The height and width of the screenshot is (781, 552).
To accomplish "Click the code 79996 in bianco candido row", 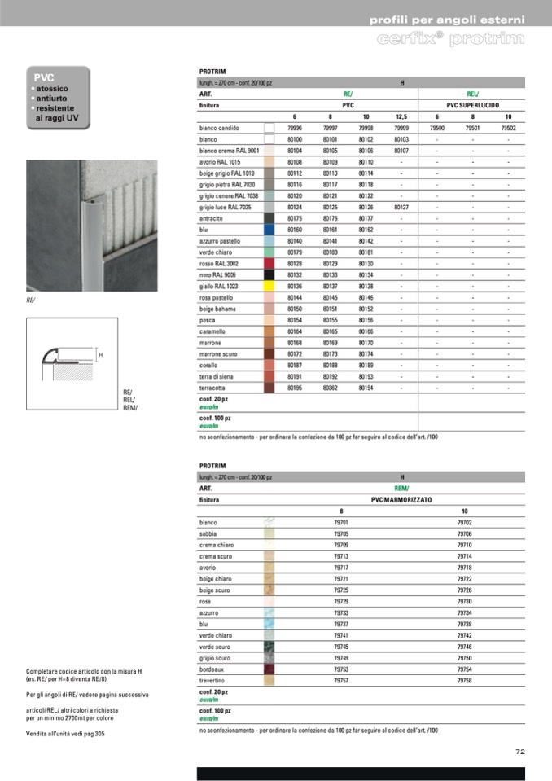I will pyautogui.click(x=295, y=129).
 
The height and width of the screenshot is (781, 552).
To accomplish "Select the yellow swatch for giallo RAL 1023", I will pyautogui.click(x=269, y=287).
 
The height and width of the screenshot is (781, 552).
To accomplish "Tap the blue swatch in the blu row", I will pyautogui.click(x=269, y=230).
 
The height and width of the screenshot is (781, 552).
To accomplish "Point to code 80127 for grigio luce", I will pyautogui.click(x=401, y=208).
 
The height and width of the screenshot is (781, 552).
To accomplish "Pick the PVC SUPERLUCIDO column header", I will pyautogui.click(x=473, y=106).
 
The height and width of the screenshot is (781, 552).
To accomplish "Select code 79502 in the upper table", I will pyautogui.click(x=508, y=129).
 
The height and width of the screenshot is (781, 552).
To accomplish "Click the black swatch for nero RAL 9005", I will pyautogui.click(x=269, y=275).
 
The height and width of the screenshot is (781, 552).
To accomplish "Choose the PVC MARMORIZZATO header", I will pyautogui.click(x=402, y=499).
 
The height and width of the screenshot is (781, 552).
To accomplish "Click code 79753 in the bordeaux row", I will pyautogui.click(x=341, y=669).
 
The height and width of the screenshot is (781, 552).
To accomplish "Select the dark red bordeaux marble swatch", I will pyautogui.click(x=269, y=669).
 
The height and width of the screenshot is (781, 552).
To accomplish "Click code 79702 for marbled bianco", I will pyautogui.click(x=464, y=522).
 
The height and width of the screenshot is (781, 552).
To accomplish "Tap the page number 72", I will pyautogui.click(x=520, y=752).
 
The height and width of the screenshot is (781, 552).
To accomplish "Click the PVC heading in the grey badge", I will pyautogui.click(x=43, y=77).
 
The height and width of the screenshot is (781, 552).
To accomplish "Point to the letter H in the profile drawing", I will pyautogui.click(x=100, y=355).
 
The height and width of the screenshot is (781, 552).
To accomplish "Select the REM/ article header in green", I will pyautogui.click(x=401, y=488).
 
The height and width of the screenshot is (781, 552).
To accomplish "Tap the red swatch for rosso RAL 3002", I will pyautogui.click(x=269, y=264).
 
